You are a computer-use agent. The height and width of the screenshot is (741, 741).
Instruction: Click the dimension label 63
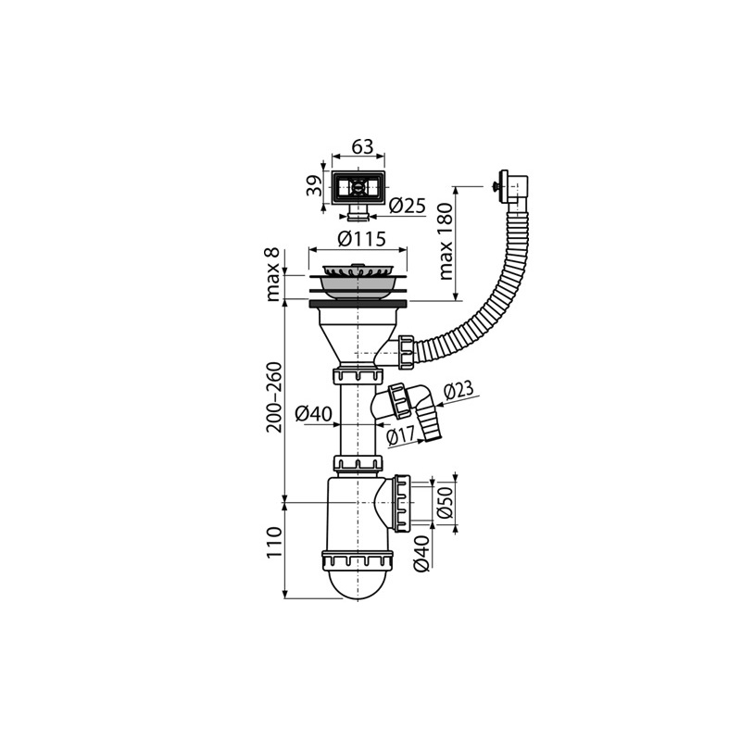point(362,146)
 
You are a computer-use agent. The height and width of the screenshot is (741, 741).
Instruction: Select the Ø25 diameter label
point(408,206)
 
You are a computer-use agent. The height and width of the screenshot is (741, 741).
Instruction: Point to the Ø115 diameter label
point(361,239)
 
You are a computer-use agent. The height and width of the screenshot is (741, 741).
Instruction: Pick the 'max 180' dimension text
point(446,242)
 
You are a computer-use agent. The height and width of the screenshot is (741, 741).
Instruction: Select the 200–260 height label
point(273,397)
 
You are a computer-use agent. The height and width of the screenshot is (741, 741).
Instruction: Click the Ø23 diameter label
point(458,391)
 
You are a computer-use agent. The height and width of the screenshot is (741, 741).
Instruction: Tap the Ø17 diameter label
point(401,434)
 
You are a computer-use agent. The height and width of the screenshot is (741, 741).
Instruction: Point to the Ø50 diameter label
point(445,502)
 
